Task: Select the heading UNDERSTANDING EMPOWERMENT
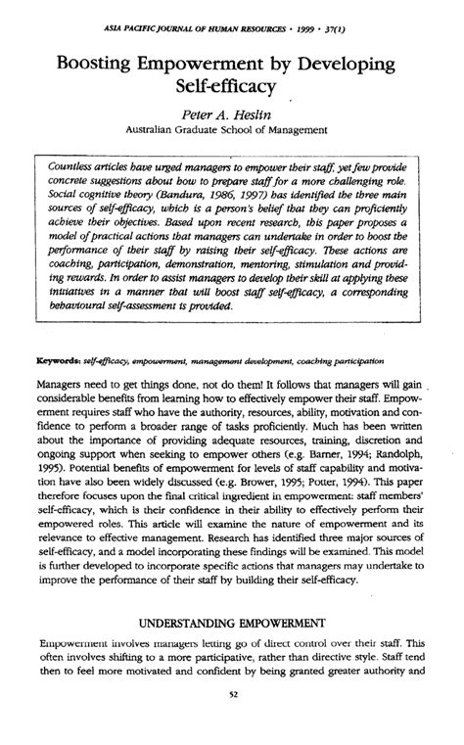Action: pyautogui.click(x=232, y=624)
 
